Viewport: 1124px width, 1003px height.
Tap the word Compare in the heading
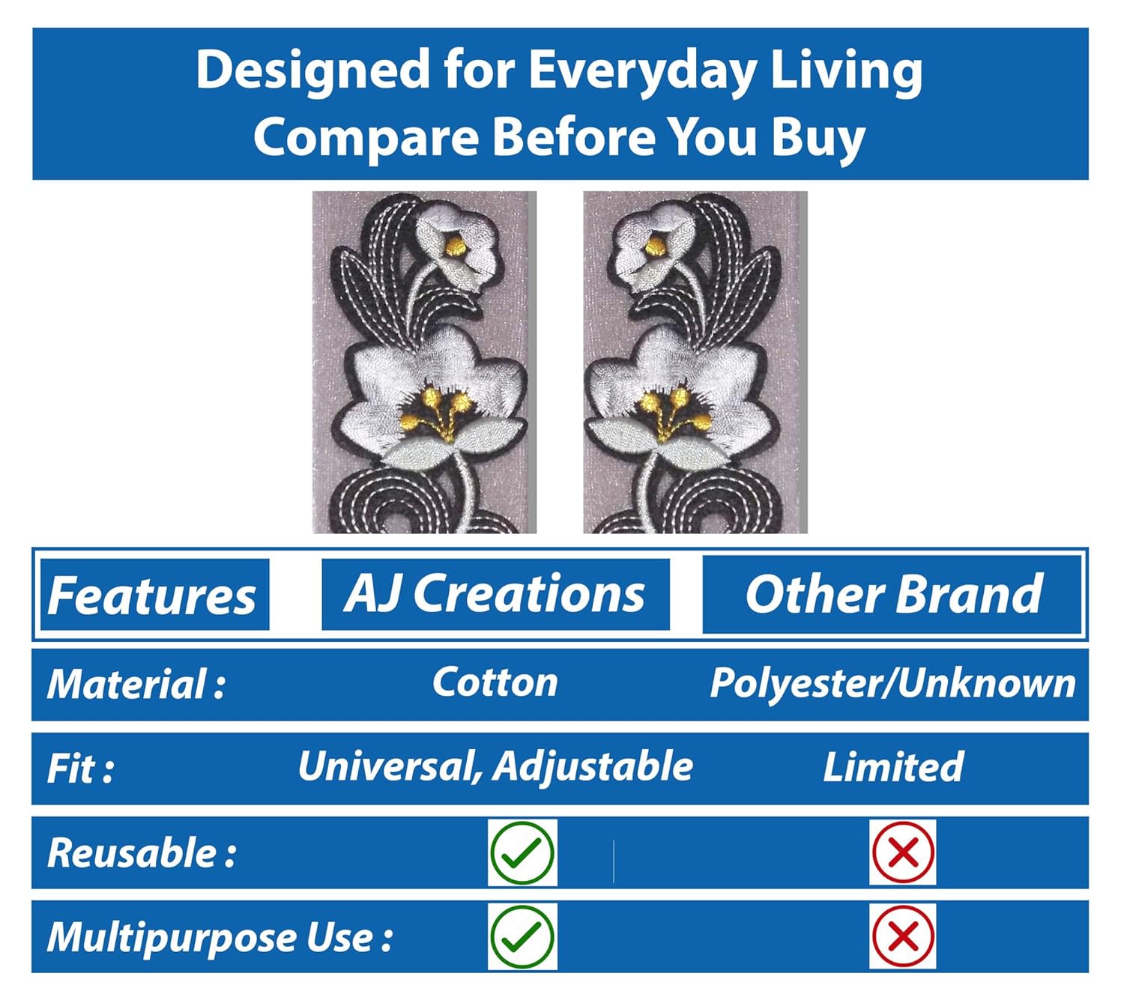pos(366,138)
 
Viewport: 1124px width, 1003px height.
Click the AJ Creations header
pos(495,594)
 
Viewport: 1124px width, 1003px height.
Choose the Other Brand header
pos(892,594)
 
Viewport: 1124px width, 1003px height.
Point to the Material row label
pos(136,685)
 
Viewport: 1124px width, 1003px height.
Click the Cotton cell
pos(495,682)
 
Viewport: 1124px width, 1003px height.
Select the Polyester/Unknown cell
pos(892,683)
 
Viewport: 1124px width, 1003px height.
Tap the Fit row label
pos(80,769)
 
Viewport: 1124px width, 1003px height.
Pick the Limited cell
pos(892,767)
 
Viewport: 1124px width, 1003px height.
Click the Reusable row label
pos(142,852)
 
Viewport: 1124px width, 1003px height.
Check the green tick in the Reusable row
pos(522,852)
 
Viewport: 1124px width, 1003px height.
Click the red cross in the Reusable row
pos(903,852)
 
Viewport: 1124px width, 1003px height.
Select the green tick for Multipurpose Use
pos(522,937)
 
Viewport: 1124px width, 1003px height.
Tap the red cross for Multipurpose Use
pos(903,937)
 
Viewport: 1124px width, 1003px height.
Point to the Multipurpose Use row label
pos(220,938)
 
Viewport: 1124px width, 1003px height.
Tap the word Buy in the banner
pos(818,139)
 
